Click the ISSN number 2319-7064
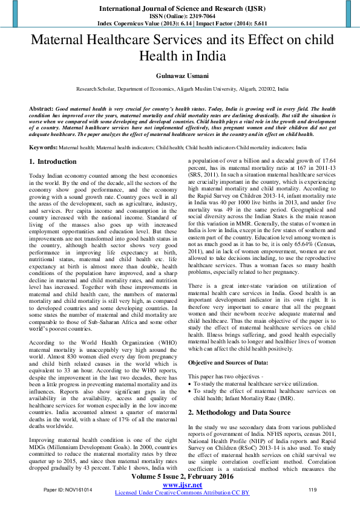point(194,16)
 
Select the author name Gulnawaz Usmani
point(180,77)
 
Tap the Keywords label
point(43,147)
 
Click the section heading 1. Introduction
point(53,162)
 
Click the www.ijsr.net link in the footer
point(182,485)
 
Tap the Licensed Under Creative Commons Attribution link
point(182,493)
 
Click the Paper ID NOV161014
point(68,489)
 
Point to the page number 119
point(313,489)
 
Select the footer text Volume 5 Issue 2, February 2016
point(182,477)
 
